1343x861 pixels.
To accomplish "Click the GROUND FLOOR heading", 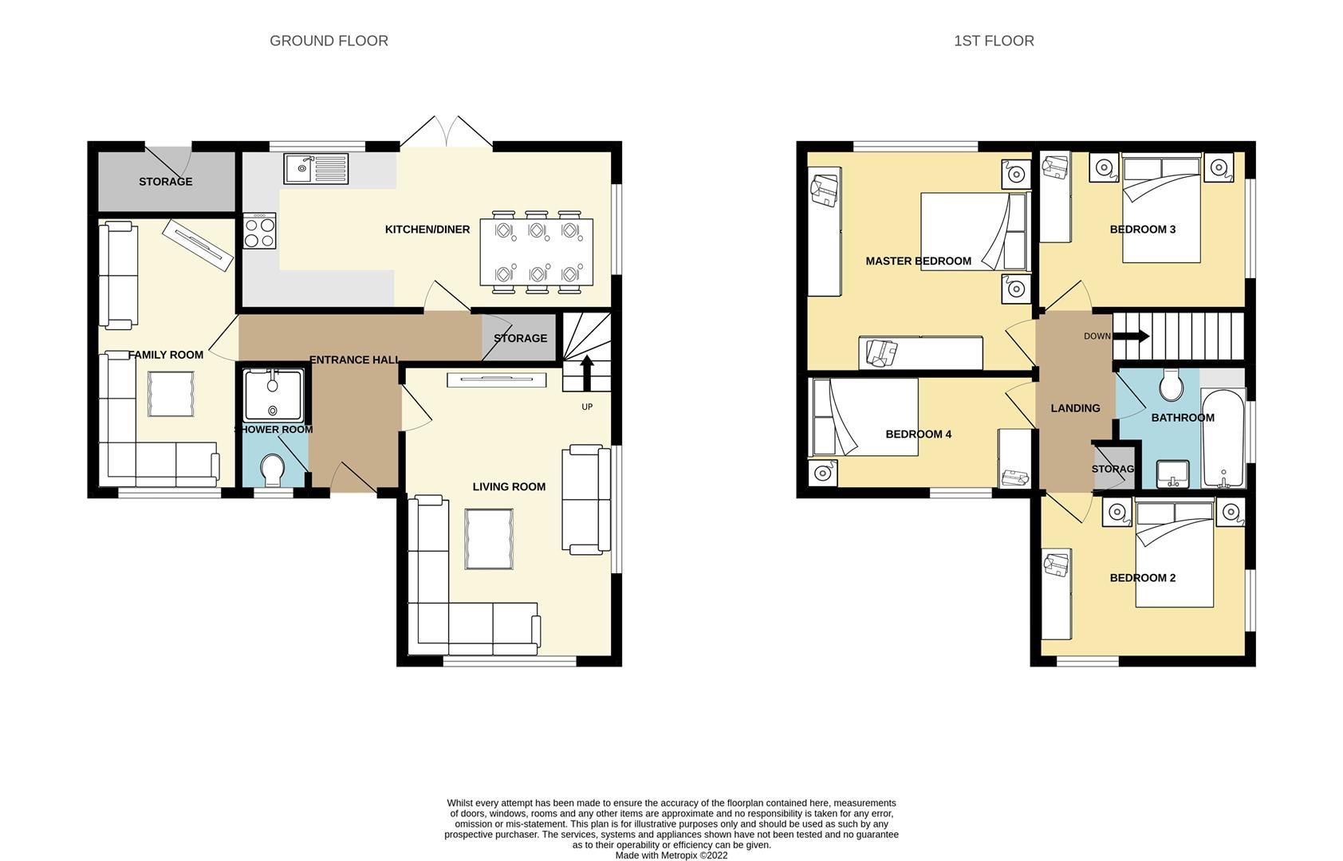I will coord(329,41).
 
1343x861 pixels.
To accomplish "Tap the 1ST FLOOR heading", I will coord(993,41).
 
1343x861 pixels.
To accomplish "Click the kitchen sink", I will coord(315,168).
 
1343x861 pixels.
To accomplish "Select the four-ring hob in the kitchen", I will coord(259,231).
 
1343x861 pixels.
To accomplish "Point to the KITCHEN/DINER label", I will coord(427,230).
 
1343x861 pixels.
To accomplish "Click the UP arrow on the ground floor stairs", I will coord(587,372).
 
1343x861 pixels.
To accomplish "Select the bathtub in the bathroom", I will coord(1223,438).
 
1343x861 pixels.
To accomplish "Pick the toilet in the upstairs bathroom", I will coord(1171,385).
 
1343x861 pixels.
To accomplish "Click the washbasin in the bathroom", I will coord(1172,474).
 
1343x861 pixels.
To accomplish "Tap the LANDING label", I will coord(1075,408).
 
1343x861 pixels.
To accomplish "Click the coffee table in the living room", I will coord(490,539).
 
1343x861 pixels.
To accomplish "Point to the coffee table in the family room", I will coord(171,395).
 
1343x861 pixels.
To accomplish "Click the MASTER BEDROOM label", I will coord(918,261).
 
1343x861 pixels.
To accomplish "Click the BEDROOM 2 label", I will coord(1142,578).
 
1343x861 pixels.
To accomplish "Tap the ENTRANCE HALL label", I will coord(354,360).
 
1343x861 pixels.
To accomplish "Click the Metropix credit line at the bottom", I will coord(671,855).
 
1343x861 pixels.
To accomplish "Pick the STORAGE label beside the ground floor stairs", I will coord(520,338).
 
